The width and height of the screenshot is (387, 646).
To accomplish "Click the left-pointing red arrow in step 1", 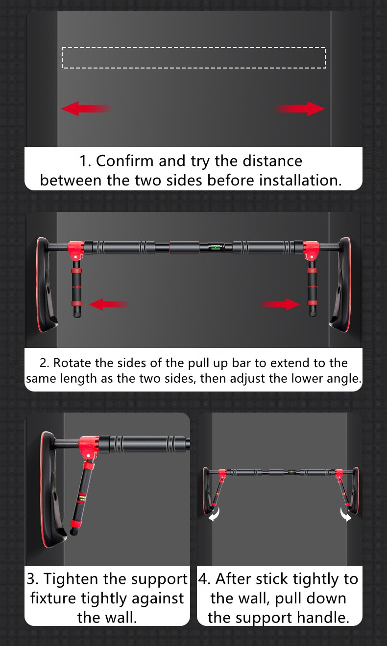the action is coord(86,109).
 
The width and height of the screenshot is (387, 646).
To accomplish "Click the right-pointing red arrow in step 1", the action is coord(300,109).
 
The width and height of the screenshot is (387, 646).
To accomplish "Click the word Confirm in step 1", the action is coord(124,161).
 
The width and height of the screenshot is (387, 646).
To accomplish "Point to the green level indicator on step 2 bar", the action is coord(216,248).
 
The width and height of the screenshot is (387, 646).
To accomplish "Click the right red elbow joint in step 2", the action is coord(311,250).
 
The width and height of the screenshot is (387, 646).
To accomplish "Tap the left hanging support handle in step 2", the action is coord(77,288).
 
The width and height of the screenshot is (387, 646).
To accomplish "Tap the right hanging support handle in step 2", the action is coord(312,288).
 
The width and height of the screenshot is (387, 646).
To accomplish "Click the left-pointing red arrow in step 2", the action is coord(109,304).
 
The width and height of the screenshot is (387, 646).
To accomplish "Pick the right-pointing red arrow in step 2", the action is coord(280,304).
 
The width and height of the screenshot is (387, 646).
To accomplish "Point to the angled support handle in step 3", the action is coord(81,499).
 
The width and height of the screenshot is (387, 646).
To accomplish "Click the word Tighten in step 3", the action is coord(71,579).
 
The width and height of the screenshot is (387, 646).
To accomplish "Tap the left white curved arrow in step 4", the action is coord(215,515).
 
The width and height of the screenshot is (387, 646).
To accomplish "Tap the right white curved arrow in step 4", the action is coord(345,515).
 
